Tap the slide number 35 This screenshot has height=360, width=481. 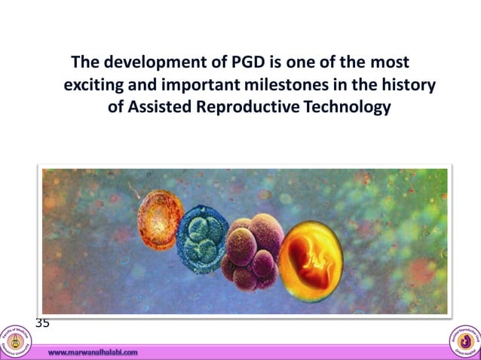coord(43,323)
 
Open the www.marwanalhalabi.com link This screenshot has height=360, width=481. coord(93,352)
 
